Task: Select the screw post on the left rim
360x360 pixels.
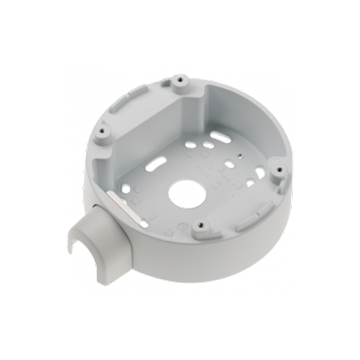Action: [x=105, y=128]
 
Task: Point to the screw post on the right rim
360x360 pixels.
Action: [x=277, y=169]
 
